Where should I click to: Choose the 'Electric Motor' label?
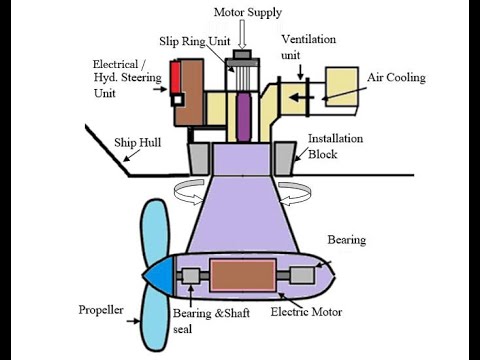[x=307, y=313]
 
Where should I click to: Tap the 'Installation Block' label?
[x=336, y=147]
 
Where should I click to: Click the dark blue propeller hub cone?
[x=160, y=276]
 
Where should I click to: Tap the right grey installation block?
[x=284, y=157]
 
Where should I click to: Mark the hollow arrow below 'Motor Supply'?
[x=240, y=33]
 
